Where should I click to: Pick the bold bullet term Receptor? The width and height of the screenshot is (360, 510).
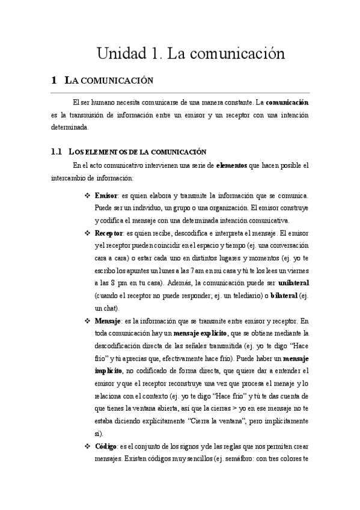109,233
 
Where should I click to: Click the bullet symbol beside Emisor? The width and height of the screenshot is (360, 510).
88,196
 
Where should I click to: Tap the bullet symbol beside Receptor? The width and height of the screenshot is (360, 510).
88,233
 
